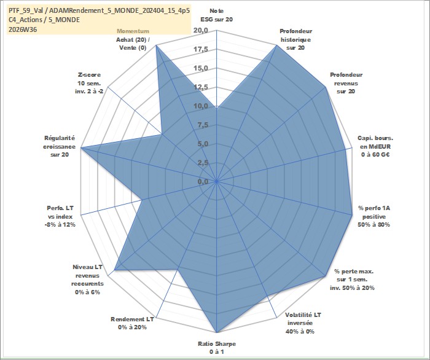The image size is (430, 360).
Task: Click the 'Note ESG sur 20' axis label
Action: tap(217, 15)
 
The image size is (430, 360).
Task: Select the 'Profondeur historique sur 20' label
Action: tap(295, 39)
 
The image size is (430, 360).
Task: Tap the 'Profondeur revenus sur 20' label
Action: tap(346, 83)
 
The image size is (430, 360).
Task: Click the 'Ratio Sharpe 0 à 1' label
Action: tap(217, 348)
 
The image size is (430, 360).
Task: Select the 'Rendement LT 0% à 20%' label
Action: tap(132, 323)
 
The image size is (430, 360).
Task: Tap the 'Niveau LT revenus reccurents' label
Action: tap(87, 280)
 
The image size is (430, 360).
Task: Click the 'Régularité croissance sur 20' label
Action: tap(59, 146)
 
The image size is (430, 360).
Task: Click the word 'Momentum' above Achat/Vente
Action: tap(133, 31)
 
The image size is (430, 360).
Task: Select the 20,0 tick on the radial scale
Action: tap(200, 31)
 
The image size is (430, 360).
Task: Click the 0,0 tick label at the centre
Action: tap(203, 181)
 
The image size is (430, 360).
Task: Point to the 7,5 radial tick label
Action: tap(203, 125)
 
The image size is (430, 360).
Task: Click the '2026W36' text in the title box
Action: tap(23, 29)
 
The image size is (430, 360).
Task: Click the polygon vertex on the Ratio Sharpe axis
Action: tap(217, 332)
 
